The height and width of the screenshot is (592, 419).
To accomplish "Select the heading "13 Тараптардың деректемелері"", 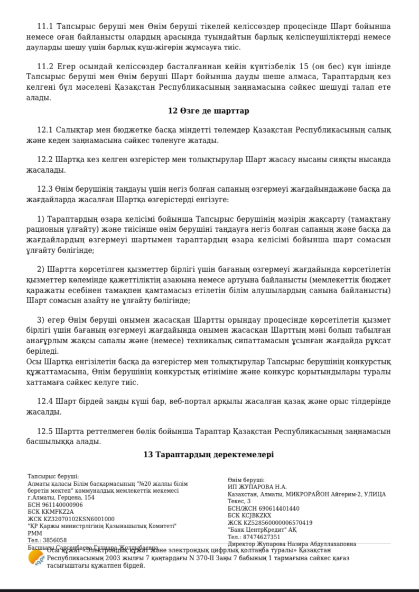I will click(x=209, y=454).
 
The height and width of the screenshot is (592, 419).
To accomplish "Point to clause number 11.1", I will click(x=45, y=26).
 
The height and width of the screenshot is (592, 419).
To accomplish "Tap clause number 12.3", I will click(x=45, y=189).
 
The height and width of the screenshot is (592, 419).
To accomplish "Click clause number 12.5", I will click(x=45, y=431).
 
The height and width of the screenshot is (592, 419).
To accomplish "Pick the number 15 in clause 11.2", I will click(x=304, y=67).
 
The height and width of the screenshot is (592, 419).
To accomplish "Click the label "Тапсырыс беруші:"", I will click(x=53, y=476).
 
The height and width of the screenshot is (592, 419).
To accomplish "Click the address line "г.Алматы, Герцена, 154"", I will click(x=61, y=497).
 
